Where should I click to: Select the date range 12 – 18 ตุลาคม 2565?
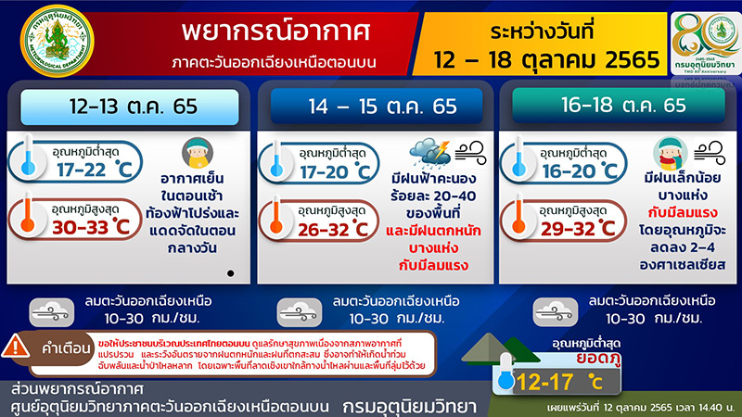(x=550, y=60)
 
